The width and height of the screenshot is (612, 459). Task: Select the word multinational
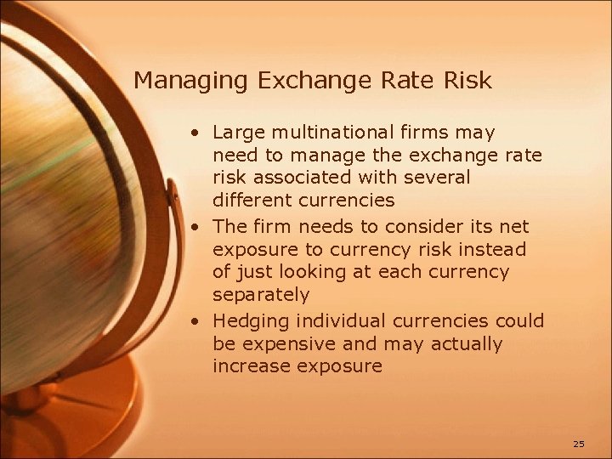(x=329, y=133)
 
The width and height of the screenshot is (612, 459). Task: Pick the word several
(x=439, y=178)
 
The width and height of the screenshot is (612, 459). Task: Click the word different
(x=251, y=201)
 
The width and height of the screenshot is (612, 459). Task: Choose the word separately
(x=261, y=296)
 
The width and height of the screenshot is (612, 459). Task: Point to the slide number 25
(x=579, y=443)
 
